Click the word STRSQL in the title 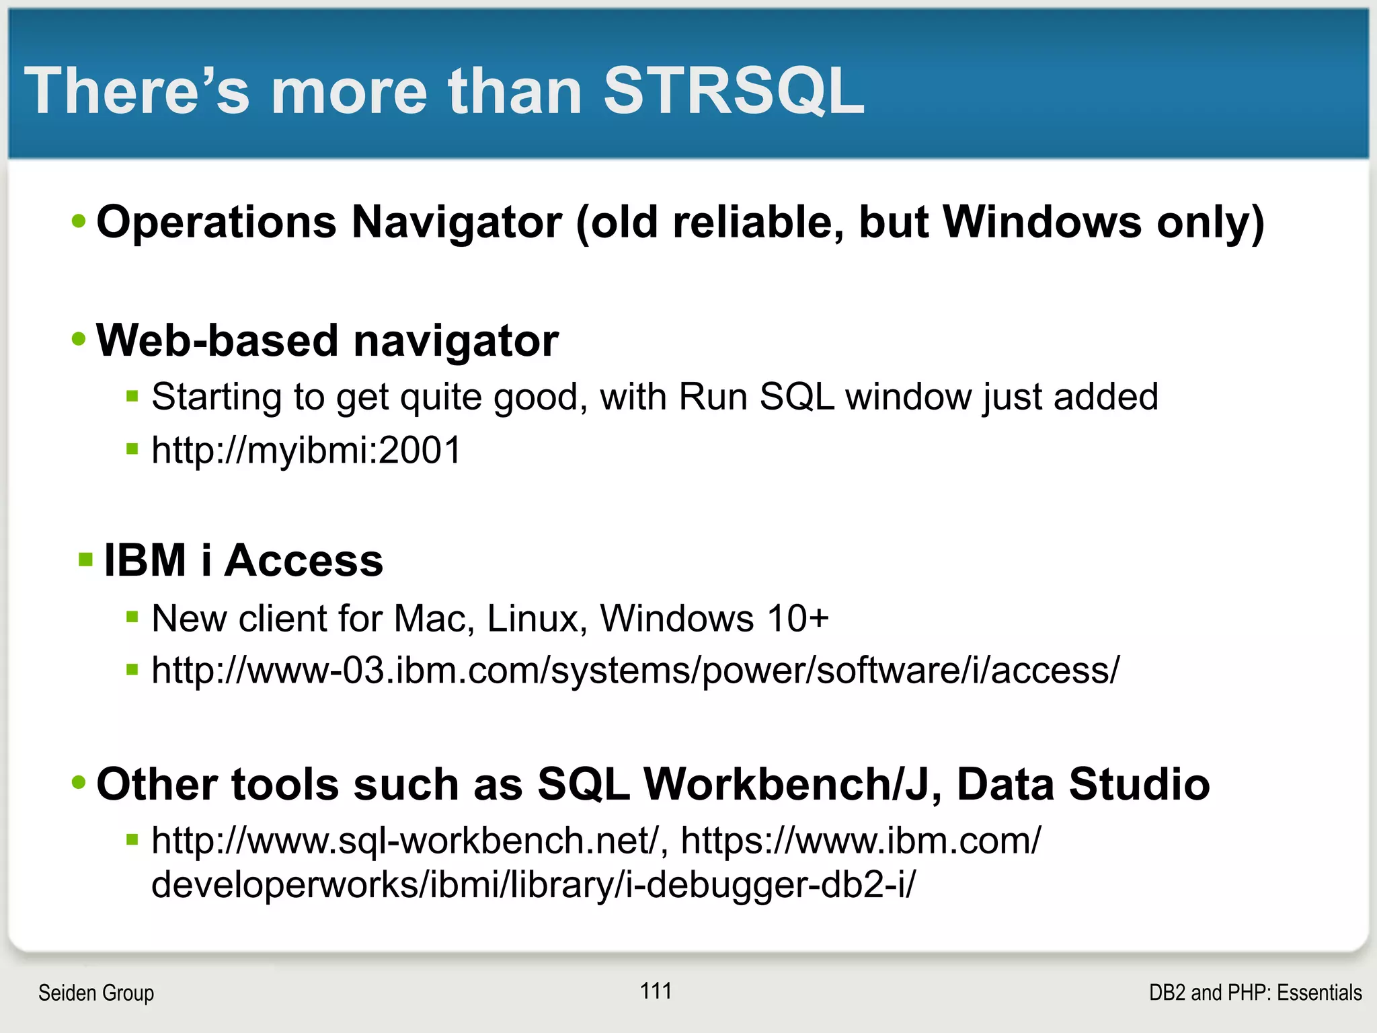tap(734, 91)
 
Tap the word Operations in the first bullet tap(216, 222)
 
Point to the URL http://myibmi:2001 tap(306, 450)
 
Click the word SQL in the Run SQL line tap(797, 397)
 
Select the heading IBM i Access tap(243, 560)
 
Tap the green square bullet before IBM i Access tap(85, 560)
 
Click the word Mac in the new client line tap(429, 618)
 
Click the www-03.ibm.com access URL tap(635, 671)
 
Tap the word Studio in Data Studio tap(1139, 784)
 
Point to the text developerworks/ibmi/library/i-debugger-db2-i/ tap(533, 884)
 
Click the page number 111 tap(656, 991)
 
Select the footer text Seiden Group tap(96, 993)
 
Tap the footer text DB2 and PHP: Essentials tap(1255, 993)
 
